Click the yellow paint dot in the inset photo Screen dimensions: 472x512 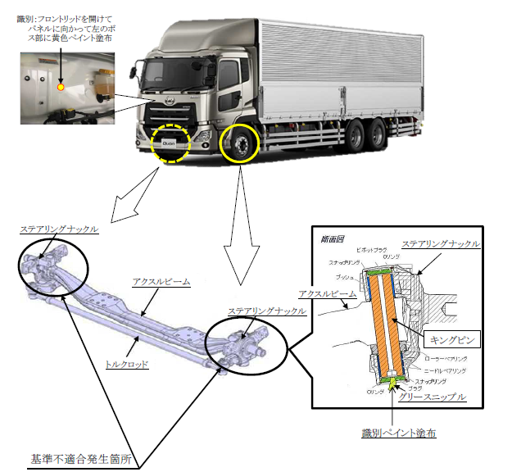tap(60, 86)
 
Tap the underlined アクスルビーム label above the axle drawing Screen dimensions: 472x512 tap(161, 281)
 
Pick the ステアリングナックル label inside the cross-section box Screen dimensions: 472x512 tap(442, 243)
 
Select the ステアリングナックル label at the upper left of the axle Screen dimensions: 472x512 tap(61, 229)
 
